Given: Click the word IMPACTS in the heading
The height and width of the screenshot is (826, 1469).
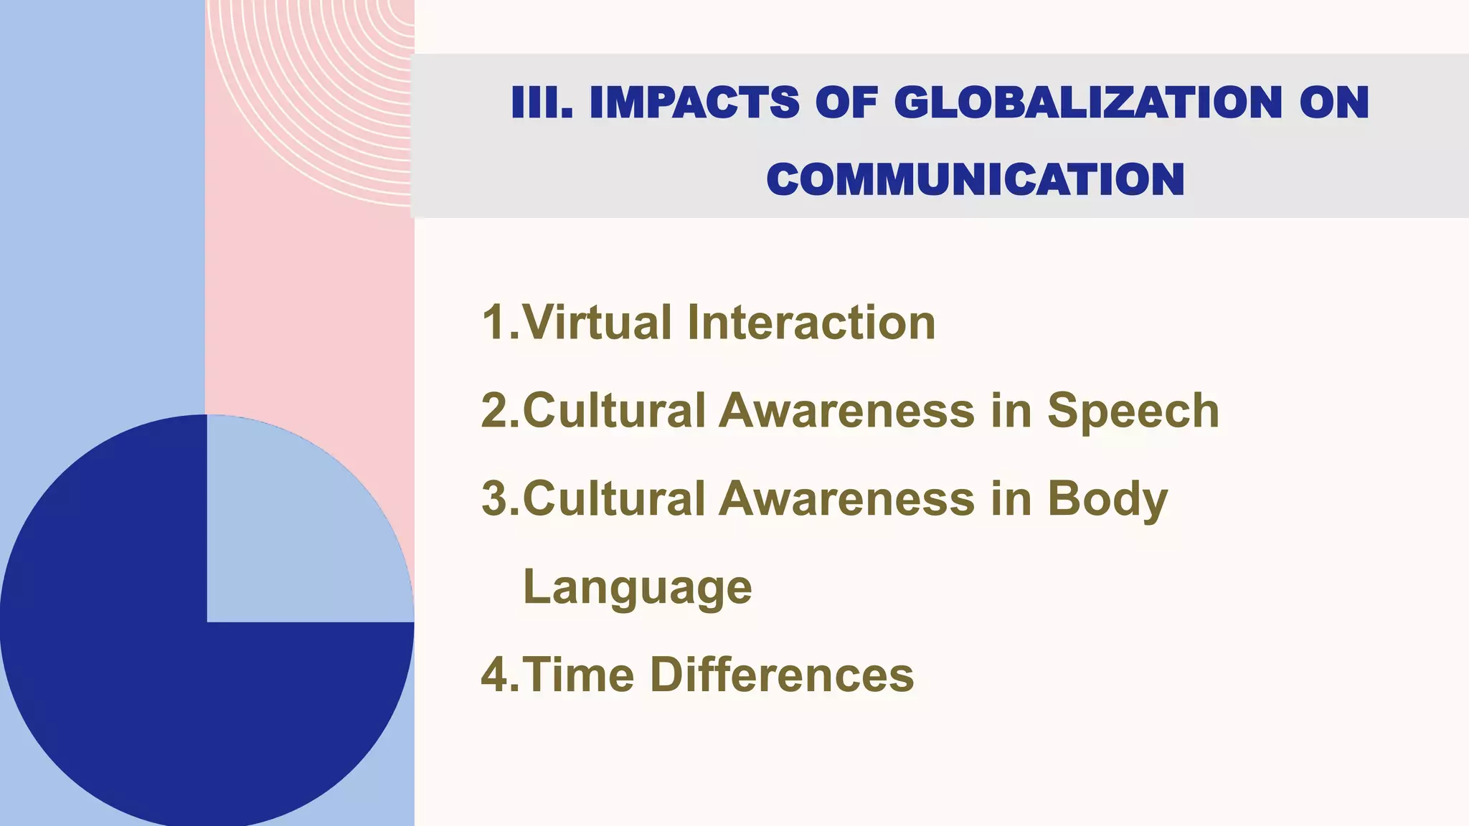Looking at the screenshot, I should click(x=694, y=103).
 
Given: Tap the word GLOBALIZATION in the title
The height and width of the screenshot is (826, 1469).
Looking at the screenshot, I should click(x=1088, y=103).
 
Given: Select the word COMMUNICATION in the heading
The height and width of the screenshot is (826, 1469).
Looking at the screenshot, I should click(x=976, y=179).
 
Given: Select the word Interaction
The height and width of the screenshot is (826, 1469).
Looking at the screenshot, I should click(x=811, y=323).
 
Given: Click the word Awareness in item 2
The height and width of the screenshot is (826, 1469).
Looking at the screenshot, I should click(x=846, y=411).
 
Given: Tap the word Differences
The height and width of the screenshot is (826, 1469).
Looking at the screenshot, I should click(x=782, y=675).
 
